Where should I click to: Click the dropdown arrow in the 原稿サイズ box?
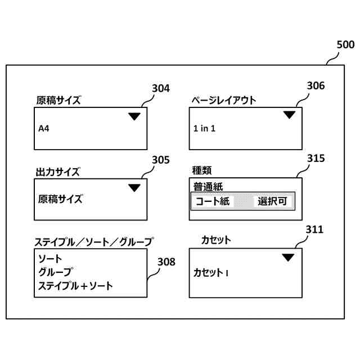[x=134, y=116]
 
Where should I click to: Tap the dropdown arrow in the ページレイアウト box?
[x=289, y=115]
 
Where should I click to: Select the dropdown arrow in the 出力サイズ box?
[x=134, y=188]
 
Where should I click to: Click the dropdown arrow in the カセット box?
[x=288, y=258]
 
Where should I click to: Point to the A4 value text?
[x=44, y=129]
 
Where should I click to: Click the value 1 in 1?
[x=204, y=129]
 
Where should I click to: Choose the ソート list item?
[x=50, y=259]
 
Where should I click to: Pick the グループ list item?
[x=55, y=272]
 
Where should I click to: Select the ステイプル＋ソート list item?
[x=75, y=286]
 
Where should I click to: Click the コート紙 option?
[x=212, y=201]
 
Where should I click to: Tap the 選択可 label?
[x=273, y=201]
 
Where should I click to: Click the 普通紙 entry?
[x=208, y=187]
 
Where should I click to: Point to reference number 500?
[x=345, y=44]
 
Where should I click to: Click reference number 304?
[x=161, y=88]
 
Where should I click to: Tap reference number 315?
[x=316, y=159]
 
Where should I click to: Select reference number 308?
[x=166, y=262]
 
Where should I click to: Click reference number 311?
[x=314, y=229]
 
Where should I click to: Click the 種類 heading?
[x=202, y=170]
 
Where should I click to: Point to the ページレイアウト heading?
[x=224, y=101]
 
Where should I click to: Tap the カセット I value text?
[x=210, y=273]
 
